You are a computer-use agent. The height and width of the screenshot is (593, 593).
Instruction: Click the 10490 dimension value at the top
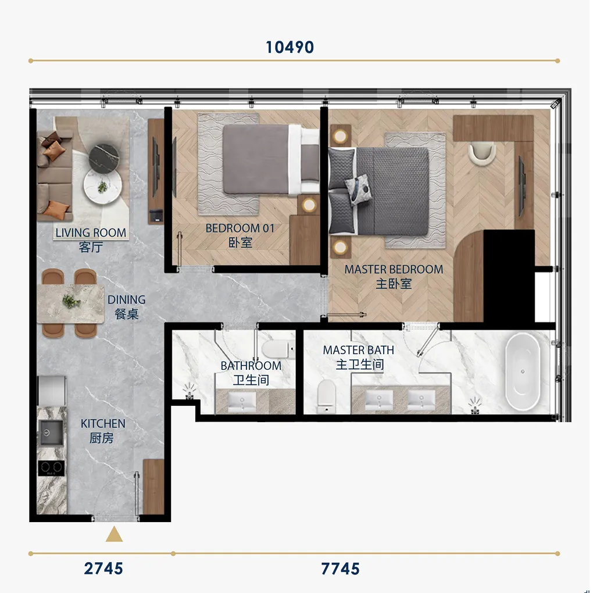click(290, 47)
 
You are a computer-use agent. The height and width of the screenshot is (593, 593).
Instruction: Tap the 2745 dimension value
click(103, 569)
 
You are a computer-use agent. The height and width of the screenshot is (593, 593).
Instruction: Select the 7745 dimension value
click(340, 569)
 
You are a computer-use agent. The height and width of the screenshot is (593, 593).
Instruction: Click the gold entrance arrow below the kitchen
click(114, 534)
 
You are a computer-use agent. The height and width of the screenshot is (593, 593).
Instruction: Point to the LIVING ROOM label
click(91, 233)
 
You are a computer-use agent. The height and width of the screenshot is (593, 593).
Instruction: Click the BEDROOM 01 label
click(240, 228)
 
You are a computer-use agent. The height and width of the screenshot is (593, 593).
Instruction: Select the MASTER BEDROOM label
click(394, 269)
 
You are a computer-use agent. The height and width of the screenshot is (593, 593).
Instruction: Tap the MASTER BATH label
click(359, 350)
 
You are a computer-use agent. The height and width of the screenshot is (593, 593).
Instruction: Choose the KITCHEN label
click(103, 424)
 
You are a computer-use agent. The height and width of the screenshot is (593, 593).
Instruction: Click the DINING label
click(126, 299)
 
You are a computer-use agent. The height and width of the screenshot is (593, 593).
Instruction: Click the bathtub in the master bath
click(523, 371)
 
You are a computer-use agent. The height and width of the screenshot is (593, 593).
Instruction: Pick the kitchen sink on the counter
click(51, 433)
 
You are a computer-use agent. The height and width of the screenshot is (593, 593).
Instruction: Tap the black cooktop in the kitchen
click(51, 468)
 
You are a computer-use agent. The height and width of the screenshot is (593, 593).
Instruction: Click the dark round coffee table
click(104, 156)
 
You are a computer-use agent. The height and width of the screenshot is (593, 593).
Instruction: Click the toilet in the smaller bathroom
click(278, 349)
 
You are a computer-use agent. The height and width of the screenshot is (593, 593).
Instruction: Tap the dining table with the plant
click(70, 303)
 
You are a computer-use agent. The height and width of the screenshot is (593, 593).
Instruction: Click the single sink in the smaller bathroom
click(242, 402)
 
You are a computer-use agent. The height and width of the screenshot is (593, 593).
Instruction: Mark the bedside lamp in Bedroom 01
click(309, 205)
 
